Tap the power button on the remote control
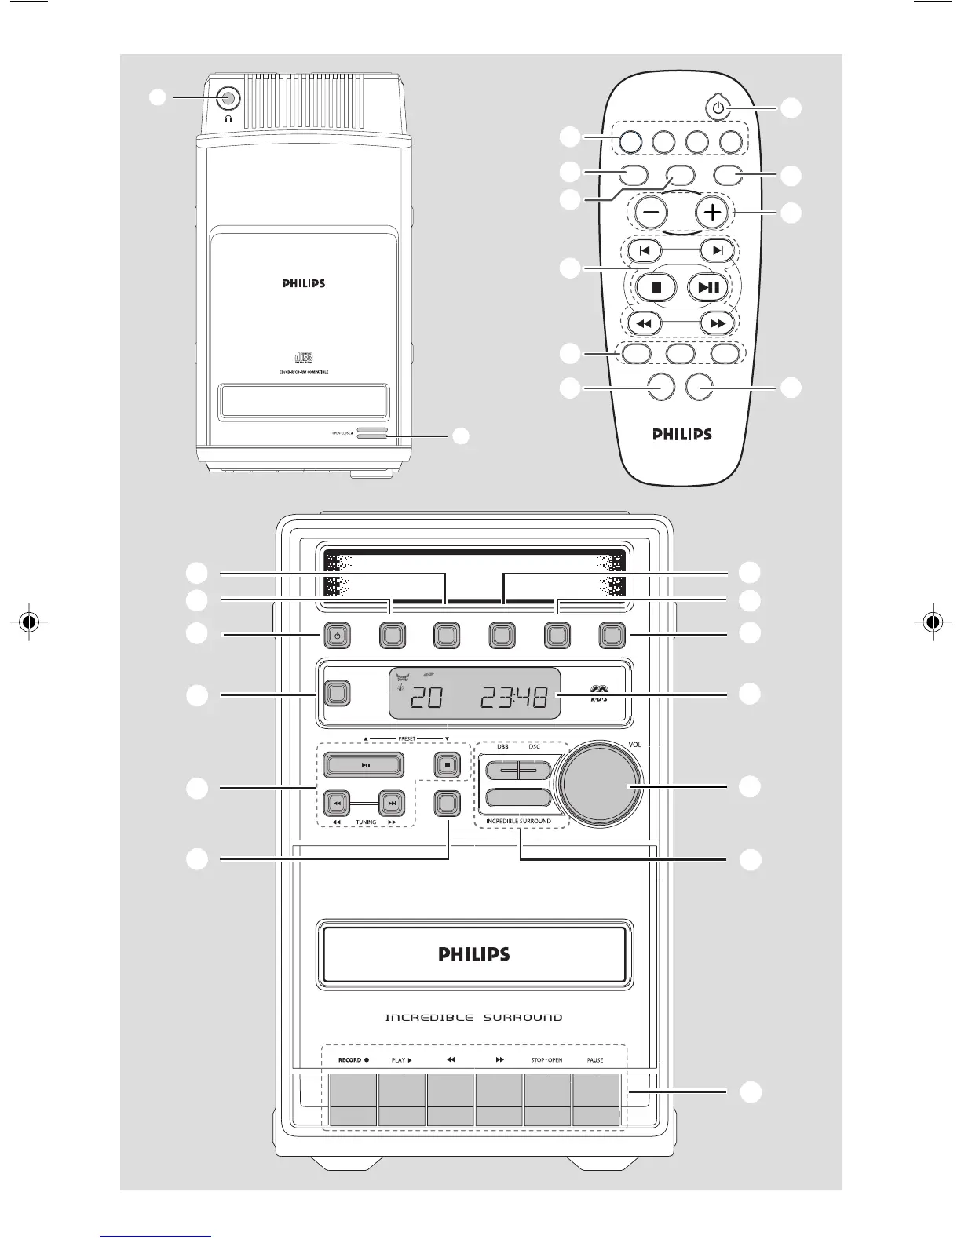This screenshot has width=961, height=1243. (716, 108)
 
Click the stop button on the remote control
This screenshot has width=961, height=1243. (656, 287)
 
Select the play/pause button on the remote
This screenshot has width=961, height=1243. (708, 287)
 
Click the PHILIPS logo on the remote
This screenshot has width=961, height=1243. (682, 434)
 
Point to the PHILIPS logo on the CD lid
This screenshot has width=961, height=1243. (304, 283)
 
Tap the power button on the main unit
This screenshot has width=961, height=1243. (336, 636)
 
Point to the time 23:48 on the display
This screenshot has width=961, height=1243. (514, 697)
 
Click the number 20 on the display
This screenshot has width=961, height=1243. (426, 697)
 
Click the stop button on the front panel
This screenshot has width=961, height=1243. (447, 764)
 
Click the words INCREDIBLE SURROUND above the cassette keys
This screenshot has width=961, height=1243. (473, 1018)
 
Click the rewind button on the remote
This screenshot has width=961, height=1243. (644, 323)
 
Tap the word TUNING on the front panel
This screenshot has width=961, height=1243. (366, 822)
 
